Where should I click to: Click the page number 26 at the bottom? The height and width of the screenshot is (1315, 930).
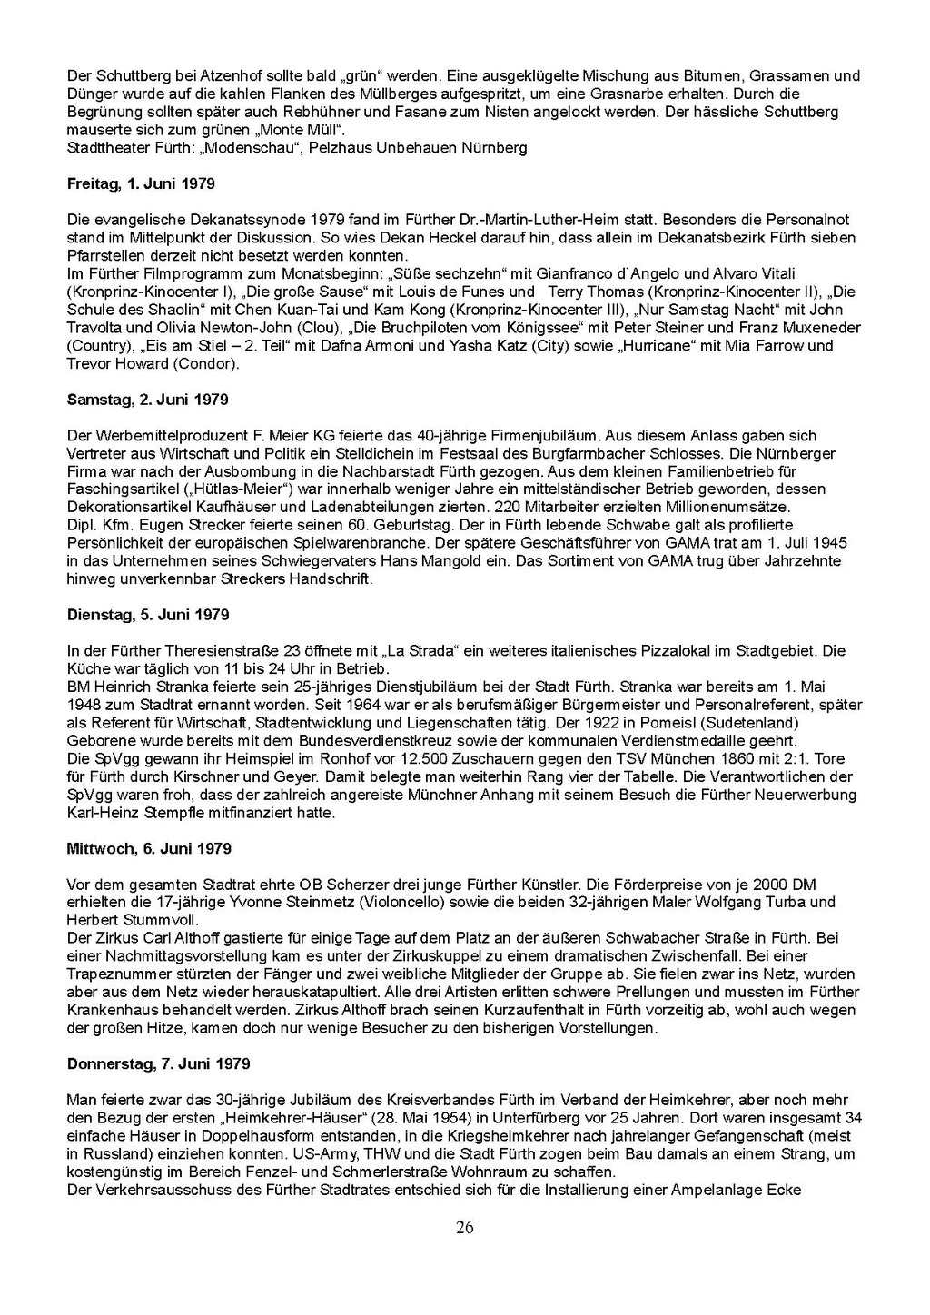464,1228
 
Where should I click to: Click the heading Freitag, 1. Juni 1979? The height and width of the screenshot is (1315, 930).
141,183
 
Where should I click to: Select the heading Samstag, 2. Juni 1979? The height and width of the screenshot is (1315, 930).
147,400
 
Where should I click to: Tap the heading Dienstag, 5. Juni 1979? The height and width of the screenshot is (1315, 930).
148,615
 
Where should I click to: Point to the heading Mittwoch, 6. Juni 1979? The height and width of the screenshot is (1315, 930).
149,848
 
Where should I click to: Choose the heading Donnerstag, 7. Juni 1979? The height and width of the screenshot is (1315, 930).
158,1063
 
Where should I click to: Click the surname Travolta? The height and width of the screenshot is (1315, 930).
94,328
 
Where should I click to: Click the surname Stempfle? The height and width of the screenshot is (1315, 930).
183,813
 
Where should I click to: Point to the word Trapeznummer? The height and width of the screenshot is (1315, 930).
114,974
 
